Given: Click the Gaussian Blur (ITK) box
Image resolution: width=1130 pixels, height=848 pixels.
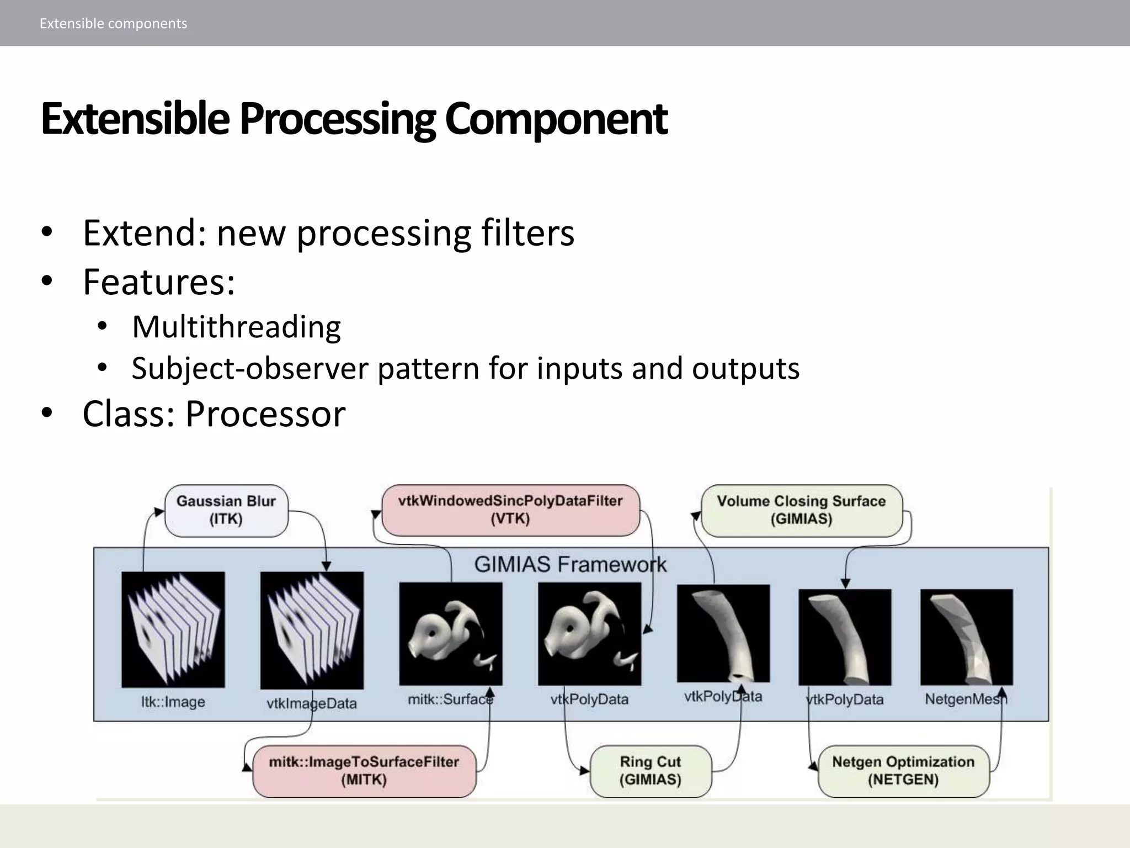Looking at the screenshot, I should coord(226,510).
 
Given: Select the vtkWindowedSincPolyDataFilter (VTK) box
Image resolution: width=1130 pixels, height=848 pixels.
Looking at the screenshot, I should coord(510,510).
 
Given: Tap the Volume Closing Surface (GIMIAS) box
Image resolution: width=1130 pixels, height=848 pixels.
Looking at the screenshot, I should coord(801,510).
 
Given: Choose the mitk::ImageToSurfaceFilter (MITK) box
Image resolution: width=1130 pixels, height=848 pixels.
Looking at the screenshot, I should coord(364,771).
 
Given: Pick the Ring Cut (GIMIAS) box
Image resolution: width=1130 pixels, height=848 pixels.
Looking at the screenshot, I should coord(651,771).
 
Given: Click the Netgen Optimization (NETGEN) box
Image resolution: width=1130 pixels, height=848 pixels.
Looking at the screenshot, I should coord(903,771).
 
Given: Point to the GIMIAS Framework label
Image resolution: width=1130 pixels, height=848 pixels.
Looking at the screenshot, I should coord(570,564).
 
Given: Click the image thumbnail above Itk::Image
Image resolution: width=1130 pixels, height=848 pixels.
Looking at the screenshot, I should coord(173,629).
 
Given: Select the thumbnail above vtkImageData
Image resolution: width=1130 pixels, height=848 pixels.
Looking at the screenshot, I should coord(312,629).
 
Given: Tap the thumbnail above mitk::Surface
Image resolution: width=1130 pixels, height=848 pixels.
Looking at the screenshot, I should coord(451,633).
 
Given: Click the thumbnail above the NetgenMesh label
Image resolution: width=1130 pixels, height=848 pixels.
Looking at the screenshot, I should coord(966,637).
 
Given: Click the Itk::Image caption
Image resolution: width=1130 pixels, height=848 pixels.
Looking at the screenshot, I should coord(173,702).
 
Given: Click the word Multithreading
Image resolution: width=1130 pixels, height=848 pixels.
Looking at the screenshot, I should coord(236,327).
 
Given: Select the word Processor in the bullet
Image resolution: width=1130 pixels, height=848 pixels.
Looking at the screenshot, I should coord(265,414).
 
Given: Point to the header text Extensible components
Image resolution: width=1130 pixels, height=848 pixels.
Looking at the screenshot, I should coord(113,23).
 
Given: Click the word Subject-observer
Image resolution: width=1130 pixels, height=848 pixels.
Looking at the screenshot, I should coord(249,368).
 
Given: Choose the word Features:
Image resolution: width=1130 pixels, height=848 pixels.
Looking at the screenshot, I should coord(159,282).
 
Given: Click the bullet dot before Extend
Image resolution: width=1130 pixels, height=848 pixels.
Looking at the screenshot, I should coord(47,232).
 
